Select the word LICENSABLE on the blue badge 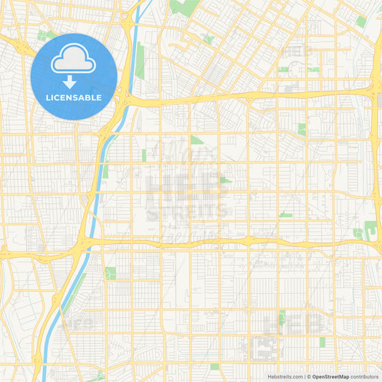(74, 97)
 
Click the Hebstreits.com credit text (284, 376)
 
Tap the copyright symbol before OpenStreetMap (309, 376)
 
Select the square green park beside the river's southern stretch (110, 273)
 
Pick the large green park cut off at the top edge (185, 7)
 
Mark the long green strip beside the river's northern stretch (140, 61)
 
